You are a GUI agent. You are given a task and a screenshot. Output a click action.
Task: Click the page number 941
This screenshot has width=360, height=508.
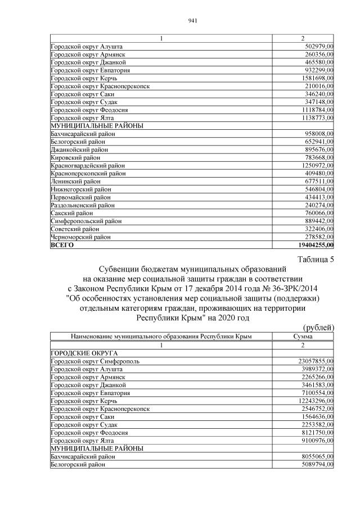point(191,21)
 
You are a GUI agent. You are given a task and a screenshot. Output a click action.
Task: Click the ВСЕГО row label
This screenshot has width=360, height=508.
point(62,245)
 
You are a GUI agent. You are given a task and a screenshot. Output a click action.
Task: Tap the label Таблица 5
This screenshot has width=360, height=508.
point(316,259)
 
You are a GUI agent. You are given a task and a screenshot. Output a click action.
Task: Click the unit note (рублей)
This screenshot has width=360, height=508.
point(319,327)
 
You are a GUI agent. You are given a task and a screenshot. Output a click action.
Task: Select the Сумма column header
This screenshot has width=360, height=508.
point(303,336)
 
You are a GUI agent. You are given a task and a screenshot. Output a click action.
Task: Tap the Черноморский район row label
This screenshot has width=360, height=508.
point(81,237)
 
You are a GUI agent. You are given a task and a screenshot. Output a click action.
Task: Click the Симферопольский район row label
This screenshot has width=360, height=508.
point(85,221)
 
